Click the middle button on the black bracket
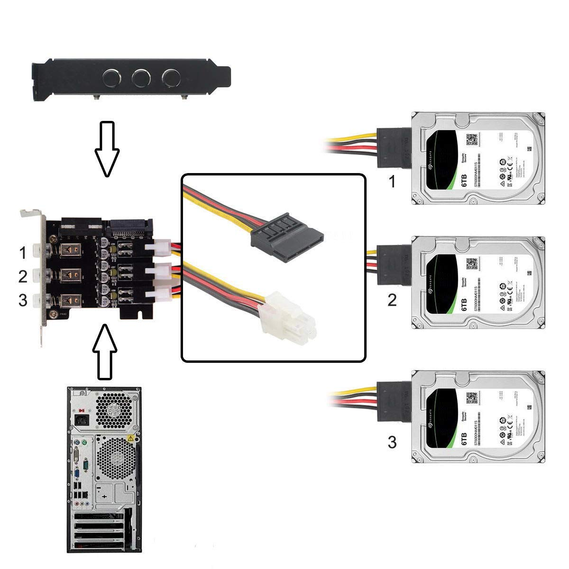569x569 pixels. (x=141, y=76)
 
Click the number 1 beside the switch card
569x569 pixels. (x=23, y=254)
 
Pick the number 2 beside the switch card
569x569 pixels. (x=23, y=276)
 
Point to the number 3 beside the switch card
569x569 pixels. (x=23, y=300)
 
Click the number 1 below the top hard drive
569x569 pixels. (x=392, y=182)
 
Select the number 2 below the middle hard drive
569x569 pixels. (x=392, y=300)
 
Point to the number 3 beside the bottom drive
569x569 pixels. (x=392, y=442)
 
